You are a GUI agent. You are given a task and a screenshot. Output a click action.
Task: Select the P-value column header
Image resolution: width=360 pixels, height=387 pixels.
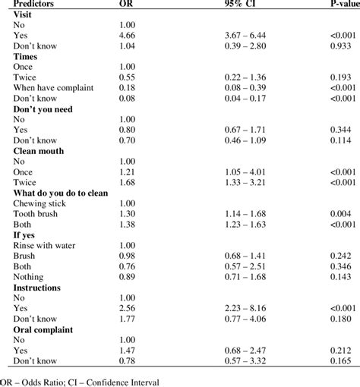334,4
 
